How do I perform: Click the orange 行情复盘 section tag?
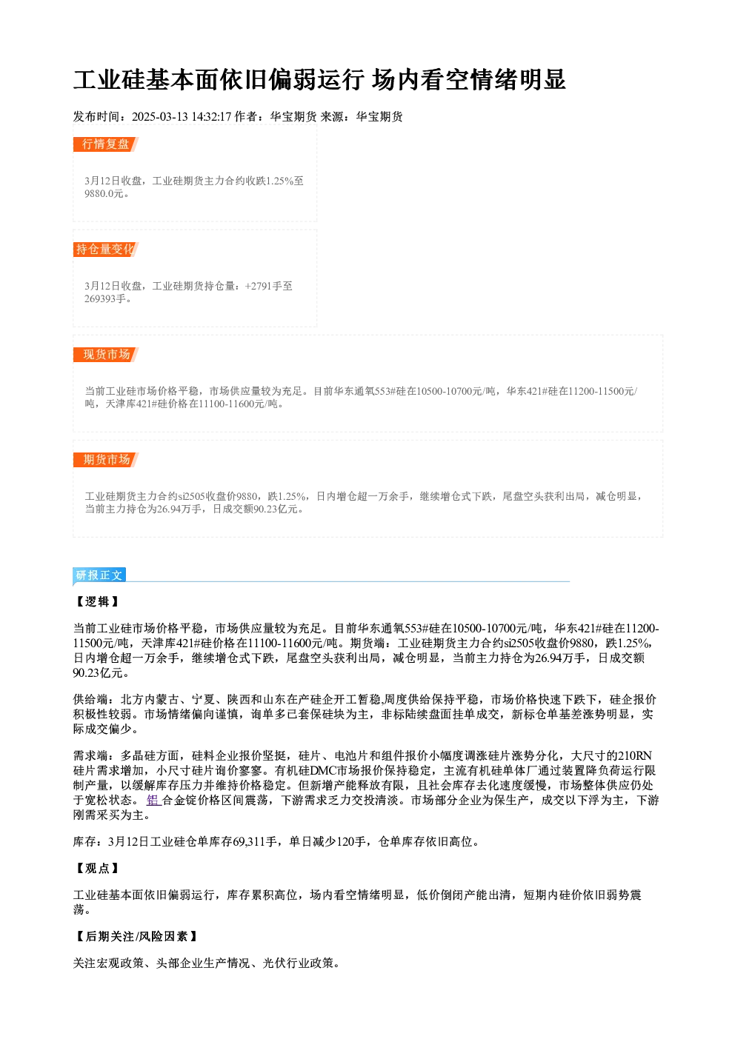(105, 144)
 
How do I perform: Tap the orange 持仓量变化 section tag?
(105, 250)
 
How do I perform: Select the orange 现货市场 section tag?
(105, 355)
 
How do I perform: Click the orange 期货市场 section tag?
(105, 460)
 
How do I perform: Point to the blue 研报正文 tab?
(99, 575)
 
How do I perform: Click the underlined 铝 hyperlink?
(153, 800)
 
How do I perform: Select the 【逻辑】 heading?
(97, 602)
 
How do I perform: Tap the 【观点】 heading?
(97, 869)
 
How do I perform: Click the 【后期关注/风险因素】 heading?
(136, 937)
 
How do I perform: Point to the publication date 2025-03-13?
(159, 117)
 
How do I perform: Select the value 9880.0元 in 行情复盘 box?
(104, 194)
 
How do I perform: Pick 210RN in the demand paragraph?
(635, 756)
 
